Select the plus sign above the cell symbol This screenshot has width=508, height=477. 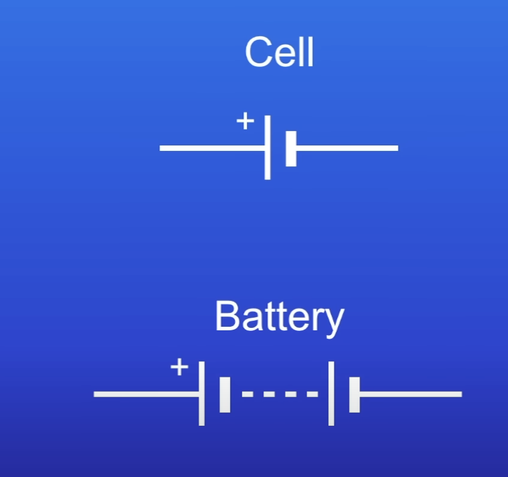244,121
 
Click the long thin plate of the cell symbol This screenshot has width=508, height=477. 267,147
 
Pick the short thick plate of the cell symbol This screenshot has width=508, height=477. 290,148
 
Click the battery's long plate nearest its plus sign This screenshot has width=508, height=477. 202,394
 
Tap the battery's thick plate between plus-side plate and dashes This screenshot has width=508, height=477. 225,394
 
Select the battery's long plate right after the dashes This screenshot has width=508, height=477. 331,394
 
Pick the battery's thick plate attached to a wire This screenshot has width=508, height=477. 354,394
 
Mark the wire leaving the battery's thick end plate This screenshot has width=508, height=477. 411,394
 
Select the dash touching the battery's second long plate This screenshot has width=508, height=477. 313,394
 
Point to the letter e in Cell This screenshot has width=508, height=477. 284,55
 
